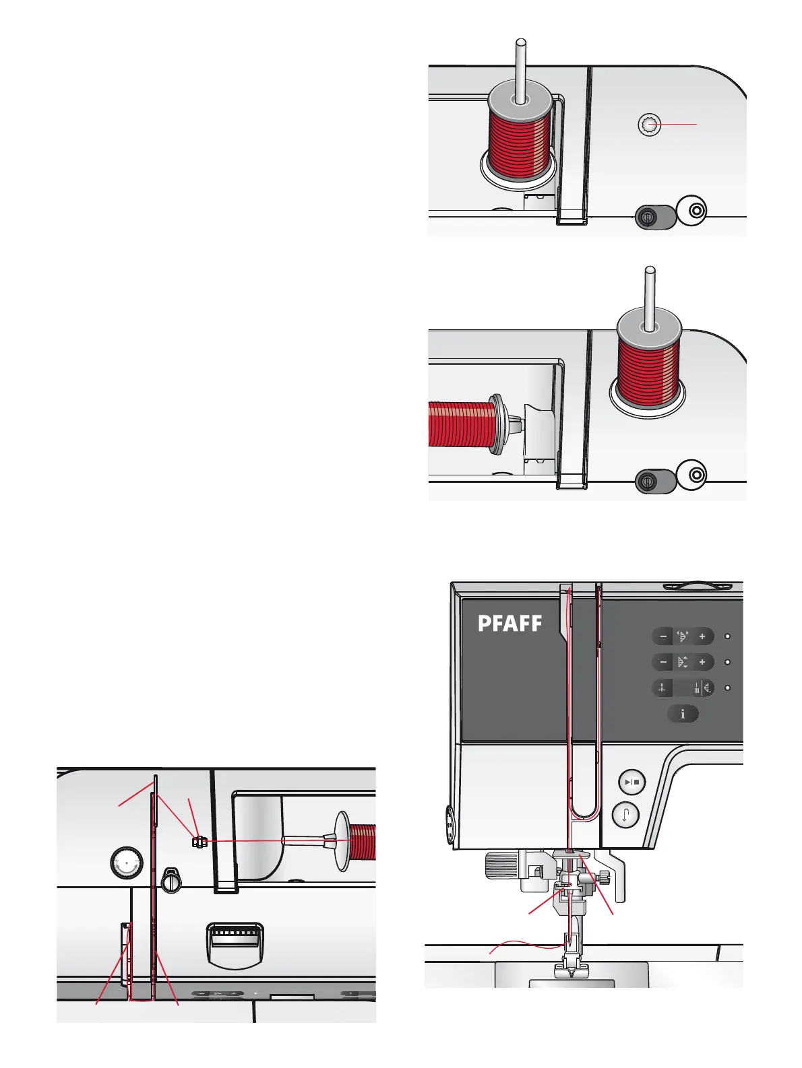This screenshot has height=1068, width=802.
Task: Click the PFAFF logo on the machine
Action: click(x=510, y=624)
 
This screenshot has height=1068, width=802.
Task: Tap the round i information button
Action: click(x=683, y=714)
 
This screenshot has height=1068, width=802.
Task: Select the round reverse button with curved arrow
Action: click(x=626, y=815)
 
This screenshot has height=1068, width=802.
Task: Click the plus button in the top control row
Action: click(x=702, y=636)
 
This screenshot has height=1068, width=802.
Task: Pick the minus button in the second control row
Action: click(x=663, y=663)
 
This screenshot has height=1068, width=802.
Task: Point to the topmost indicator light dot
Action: click(x=728, y=636)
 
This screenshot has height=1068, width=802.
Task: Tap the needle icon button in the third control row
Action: click(x=663, y=688)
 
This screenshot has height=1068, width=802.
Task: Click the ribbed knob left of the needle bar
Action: click(x=499, y=863)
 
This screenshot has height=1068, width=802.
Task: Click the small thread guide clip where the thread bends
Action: click(x=197, y=842)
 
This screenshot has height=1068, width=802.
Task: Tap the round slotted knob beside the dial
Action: click(x=172, y=879)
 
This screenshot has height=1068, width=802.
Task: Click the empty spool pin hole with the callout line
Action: click(x=649, y=125)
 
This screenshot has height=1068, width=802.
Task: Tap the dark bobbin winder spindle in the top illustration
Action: click(x=647, y=217)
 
